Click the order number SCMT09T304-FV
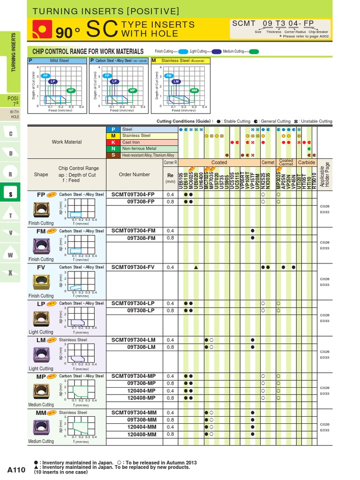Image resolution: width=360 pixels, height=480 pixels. pos(133,267)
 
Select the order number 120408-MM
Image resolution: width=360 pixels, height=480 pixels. pos(142,434)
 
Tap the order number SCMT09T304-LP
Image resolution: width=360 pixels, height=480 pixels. pos(133,303)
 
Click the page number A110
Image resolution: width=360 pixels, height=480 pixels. pos(16,469)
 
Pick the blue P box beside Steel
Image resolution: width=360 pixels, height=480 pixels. pos(113,129)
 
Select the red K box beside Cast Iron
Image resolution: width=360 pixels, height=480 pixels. pos(113,142)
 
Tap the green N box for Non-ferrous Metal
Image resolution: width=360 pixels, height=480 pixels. pos(113,149)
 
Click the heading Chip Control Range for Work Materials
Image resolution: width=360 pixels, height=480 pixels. pos(87,51)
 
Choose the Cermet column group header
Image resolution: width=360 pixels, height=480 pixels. pos(268,163)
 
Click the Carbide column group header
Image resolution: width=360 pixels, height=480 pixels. pos(307,163)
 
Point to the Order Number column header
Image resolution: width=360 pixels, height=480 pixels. pos(134,174)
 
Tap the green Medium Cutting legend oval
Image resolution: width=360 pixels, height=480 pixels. pos(254,52)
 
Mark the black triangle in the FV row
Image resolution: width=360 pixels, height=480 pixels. pos(195,267)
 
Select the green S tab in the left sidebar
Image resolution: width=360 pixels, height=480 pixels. pos(10,192)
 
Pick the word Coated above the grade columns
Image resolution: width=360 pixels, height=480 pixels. pos(219,163)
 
